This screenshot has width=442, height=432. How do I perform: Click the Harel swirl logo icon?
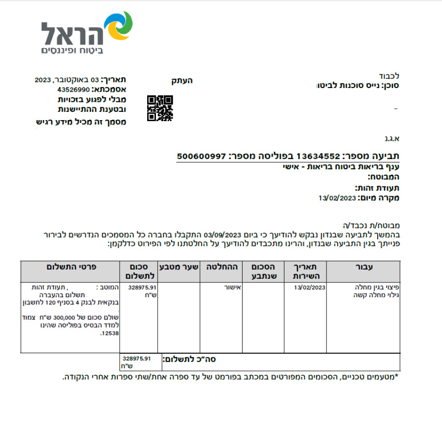119,26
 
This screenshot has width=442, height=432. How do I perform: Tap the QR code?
160,108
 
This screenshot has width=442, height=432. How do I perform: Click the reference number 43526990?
74,89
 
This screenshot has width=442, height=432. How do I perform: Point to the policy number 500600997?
202,156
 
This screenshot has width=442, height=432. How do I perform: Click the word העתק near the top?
182,81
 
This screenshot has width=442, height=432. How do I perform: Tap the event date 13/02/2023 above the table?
337,198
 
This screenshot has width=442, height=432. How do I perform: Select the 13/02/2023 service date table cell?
310,288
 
